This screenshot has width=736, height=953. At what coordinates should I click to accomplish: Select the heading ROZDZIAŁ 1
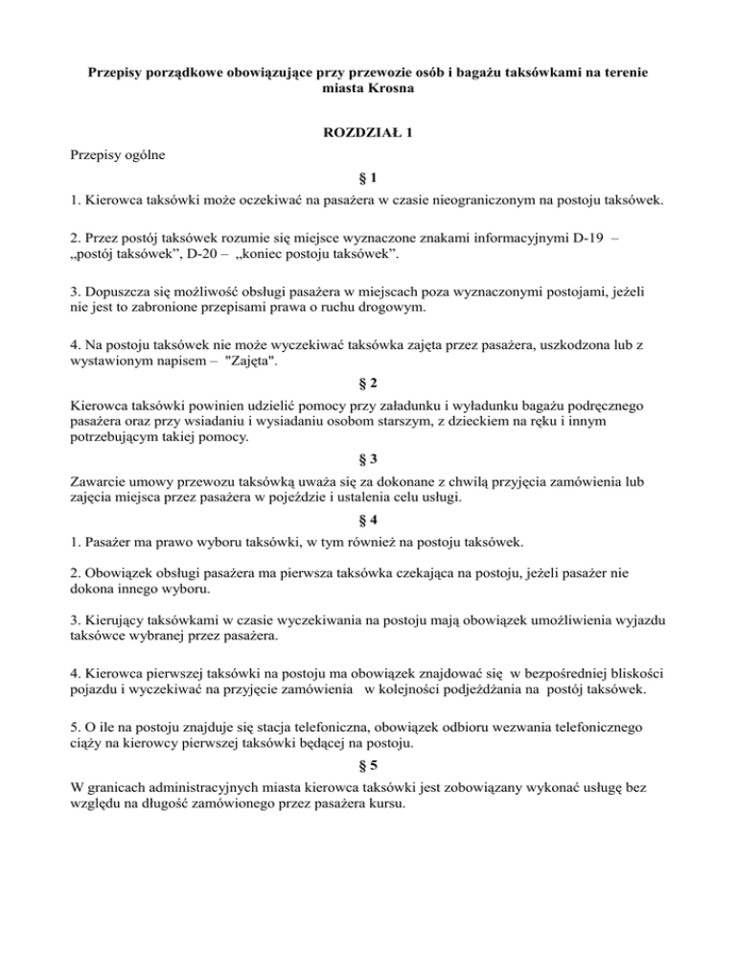click(368, 132)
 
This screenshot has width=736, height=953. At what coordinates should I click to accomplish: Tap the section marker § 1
click(368, 178)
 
